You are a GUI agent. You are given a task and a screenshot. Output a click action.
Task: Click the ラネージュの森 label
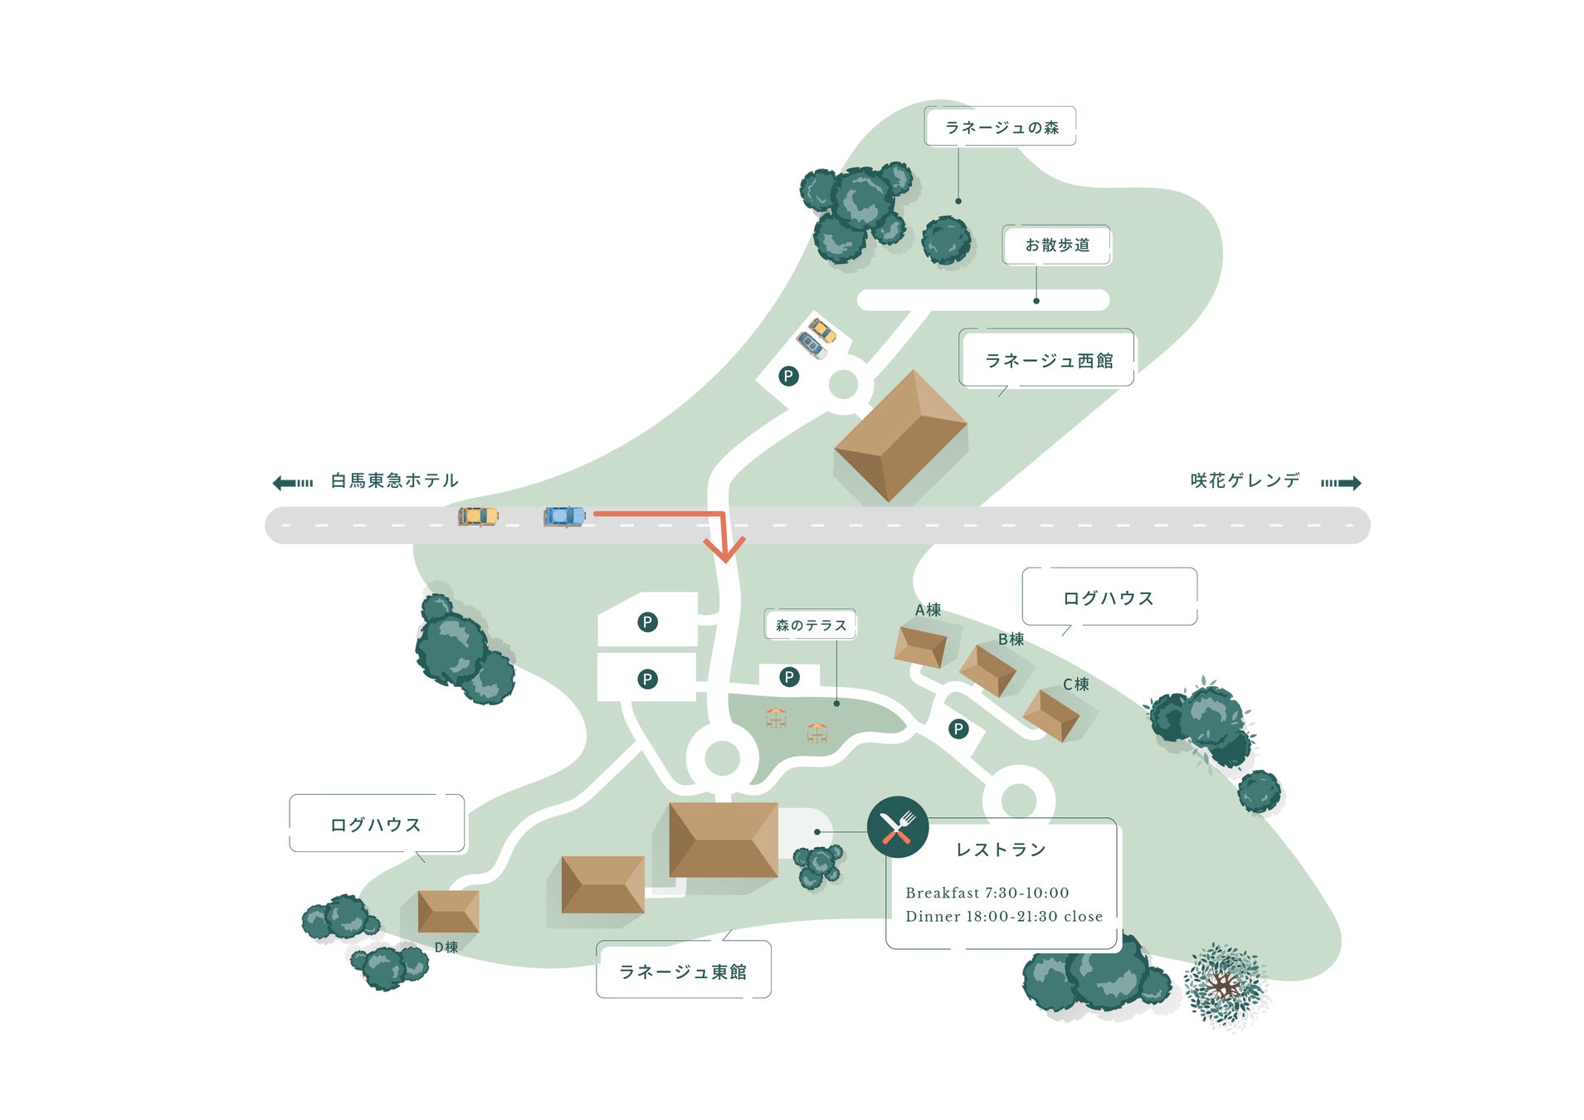click(x=1001, y=127)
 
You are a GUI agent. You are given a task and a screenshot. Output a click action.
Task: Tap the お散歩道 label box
click(x=1056, y=245)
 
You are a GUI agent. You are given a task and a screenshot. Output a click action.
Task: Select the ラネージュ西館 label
click(x=1048, y=360)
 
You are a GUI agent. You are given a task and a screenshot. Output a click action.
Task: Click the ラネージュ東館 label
click(x=683, y=971)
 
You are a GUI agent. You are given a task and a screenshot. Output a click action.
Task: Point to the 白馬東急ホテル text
click(x=394, y=480)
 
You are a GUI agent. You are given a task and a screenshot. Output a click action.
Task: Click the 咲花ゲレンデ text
click(x=1245, y=480)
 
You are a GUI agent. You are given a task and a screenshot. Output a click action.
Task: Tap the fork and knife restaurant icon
click(x=897, y=826)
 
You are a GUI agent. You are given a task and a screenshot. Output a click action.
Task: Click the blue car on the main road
click(x=564, y=516)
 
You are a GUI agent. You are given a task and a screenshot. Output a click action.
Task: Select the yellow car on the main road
click(x=478, y=516)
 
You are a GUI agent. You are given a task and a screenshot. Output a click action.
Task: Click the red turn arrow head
click(x=724, y=549)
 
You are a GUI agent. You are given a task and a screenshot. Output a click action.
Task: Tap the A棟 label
click(x=928, y=610)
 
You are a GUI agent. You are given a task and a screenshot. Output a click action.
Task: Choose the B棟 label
click(x=1011, y=639)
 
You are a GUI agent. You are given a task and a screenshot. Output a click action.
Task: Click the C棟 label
click(x=1075, y=684)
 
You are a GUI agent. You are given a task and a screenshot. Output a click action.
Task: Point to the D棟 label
click(x=446, y=947)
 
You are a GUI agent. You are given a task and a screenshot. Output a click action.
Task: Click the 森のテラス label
click(x=811, y=625)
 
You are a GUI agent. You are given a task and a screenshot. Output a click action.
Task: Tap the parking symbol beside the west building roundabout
click(x=788, y=377)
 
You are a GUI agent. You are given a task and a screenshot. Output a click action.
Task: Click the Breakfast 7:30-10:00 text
click(x=987, y=893)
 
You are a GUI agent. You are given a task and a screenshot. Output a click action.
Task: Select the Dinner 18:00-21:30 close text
click(x=1004, y=916)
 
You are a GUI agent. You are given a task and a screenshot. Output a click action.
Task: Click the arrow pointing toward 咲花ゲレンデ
click(x=1341, y=483)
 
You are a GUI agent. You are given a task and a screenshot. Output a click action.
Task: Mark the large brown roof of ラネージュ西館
click(x=900, y=435)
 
